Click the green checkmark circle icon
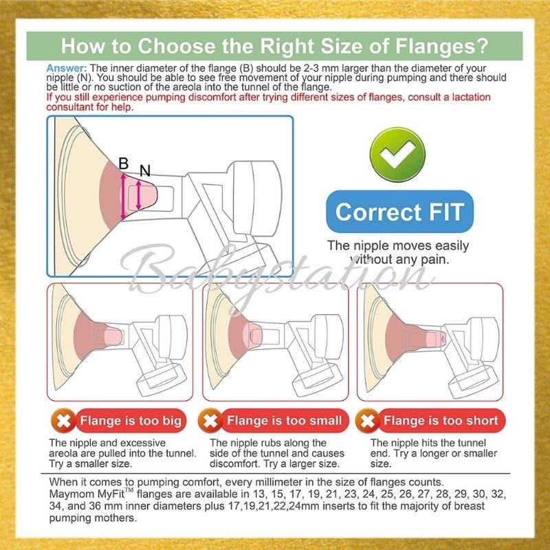point(397,154)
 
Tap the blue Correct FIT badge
point(399,212)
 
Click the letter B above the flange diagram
point(124,164)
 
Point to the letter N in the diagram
point(145,170)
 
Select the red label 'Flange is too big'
point(131,420)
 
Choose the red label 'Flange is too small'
point(285,420)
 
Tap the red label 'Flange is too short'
point(441,420)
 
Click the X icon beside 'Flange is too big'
point(64,420)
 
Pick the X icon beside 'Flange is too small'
point(210,420)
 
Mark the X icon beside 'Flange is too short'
point(368,420)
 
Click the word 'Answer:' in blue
point(66,68)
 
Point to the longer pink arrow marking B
point(123,197)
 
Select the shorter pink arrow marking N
point(139,195)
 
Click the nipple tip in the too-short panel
point(443,338)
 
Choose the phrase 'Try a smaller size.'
point(91,463)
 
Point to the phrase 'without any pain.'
point(399,260)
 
